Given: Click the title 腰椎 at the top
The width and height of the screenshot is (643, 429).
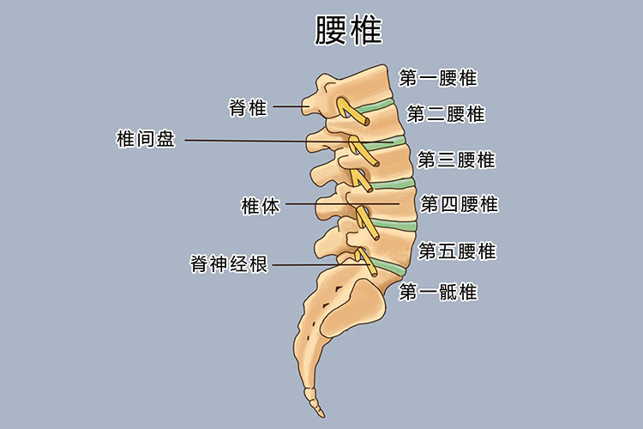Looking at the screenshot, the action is click(349, 30).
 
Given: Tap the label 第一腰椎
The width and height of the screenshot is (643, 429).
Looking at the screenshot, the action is click(438, 78).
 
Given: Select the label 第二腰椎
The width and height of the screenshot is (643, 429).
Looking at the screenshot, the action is click(446, 114).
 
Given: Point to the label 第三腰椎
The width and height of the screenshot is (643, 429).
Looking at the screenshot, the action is click(456, 160).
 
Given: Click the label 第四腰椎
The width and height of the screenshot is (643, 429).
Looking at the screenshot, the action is click(460, 204).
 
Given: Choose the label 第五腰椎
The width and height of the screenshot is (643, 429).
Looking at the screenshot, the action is click(457, 251).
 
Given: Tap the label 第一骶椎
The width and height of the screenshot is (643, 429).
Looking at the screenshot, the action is click(438, 293).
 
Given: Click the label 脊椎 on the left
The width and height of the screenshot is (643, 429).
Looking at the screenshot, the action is click(248, 107).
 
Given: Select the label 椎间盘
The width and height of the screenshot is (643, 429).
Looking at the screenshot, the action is click(146, 138).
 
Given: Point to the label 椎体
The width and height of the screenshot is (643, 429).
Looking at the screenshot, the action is click(261, 206).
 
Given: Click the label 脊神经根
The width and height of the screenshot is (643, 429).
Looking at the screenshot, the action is click(229, 263).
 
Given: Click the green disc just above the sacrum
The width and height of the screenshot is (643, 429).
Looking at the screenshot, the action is click(388, 267).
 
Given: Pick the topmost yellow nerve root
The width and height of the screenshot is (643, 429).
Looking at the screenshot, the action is click(352, 111).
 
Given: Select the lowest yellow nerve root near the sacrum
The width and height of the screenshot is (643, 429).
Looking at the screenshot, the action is click(366, 263).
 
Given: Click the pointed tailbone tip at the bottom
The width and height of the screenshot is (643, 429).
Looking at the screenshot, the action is click(322, 414).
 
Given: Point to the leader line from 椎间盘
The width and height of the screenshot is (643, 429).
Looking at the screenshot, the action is click(289, 142).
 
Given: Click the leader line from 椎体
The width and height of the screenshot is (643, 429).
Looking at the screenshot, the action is click(342, 204).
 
